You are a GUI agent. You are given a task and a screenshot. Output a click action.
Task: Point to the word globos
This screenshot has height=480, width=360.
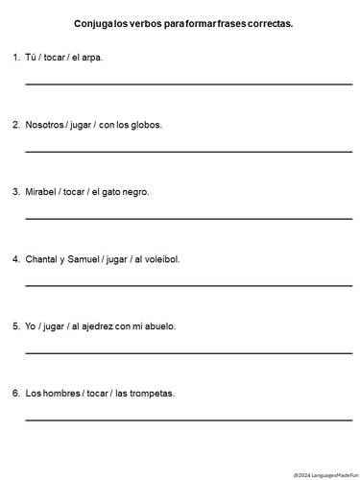pyautogui.click(x=145, y=125)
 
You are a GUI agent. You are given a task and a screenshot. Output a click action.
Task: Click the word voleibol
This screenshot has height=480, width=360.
pyautogui.click(x=160, y=259)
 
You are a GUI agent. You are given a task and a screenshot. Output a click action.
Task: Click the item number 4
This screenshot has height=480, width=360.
pyautogui.click(x=15, y=259)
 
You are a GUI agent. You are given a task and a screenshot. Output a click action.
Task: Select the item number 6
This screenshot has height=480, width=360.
pyautogui.click(x=15, y=393)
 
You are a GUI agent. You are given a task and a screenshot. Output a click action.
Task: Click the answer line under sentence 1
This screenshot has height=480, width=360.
pyautogui.click(x=188, y=84)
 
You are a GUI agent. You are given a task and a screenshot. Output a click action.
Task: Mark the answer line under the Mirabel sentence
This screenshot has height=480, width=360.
pyautogui.click(x=188, y=219)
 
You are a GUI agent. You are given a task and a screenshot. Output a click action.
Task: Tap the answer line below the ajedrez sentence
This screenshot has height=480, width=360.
pyautogui.click(x=188, y=352)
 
